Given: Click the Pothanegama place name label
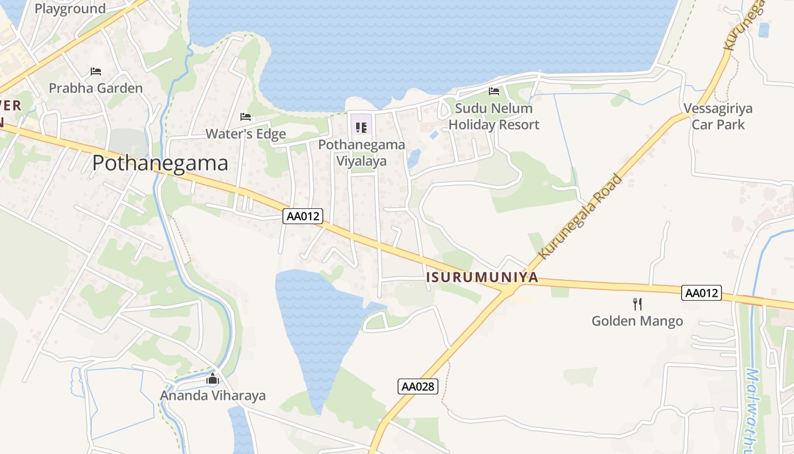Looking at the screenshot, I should coord(160,163).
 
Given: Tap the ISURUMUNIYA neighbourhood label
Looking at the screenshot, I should coord(482,278).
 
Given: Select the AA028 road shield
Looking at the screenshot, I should coord(418,386).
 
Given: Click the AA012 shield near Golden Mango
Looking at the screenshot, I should coord(702,293).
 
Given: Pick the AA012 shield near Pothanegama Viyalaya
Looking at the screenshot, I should coord(303,216).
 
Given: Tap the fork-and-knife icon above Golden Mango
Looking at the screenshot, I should coord(637,304).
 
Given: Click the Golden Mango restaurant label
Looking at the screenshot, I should coord(637,321).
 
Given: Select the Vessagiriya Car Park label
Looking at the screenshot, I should coord(718,116).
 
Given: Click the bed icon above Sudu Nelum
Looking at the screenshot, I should coord(494,91).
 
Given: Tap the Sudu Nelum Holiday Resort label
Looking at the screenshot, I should coord(493,116).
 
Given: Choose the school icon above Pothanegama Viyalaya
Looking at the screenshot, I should coord(361,127).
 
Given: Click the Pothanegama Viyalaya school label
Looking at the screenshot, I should coord(361,153).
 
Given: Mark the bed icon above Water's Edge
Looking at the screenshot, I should coord(246,117).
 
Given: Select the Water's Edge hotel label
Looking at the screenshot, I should coord(246,134).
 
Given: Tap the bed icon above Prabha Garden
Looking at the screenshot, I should coord(96,72).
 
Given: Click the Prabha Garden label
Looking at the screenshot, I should coord(96,88).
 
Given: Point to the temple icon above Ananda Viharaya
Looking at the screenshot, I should coord(213,379).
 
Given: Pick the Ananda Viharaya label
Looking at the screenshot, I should coord(213,396).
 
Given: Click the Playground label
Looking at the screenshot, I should coord(70,9).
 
